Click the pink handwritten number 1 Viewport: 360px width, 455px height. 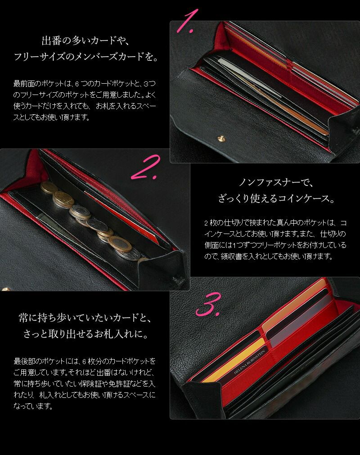[187, 20]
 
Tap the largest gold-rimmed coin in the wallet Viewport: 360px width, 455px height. [120, 243]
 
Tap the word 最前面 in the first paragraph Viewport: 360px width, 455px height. [23, 84]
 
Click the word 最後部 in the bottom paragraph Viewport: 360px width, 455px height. [24, 361]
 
